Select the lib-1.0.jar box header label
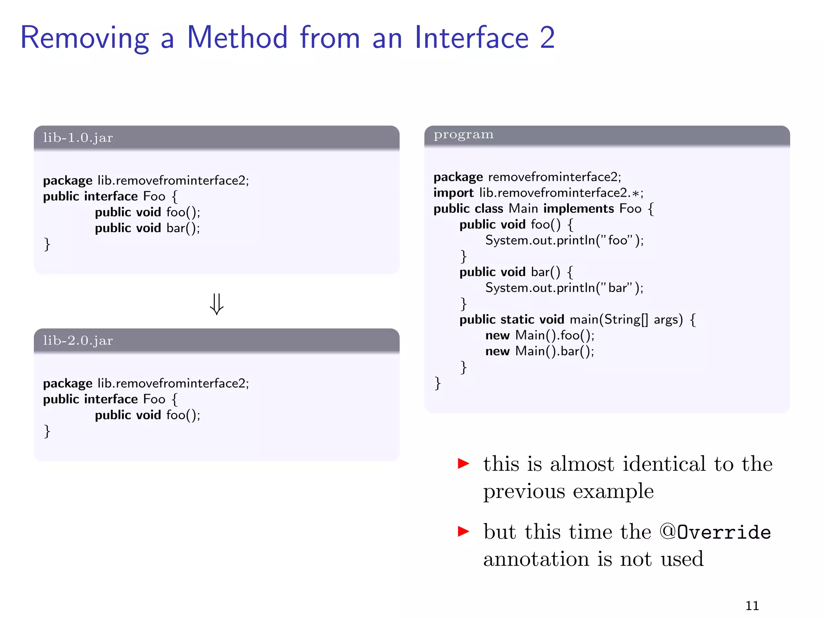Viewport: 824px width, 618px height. coord(78,138)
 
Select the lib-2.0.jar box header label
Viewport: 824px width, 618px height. coord(78,340)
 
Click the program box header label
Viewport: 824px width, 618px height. coord(463,135)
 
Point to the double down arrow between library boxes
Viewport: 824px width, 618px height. coord(216,304)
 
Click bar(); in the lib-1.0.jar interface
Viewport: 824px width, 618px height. coord(183,228)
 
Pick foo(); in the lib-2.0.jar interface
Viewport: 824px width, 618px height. coord(183,415)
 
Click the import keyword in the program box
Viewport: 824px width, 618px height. coord(453,193)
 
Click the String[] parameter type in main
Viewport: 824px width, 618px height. coord(626,319)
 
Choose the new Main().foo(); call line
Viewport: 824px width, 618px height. coord(540,335)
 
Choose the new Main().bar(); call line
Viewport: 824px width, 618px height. coord(540,351)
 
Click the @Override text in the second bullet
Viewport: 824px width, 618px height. coord(715,532)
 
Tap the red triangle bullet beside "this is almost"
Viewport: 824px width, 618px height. coord(463,463)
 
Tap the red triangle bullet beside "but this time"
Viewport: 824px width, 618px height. coord(463,531)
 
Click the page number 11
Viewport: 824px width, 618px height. coord(752,606)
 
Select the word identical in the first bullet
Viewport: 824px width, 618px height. coord(664,464)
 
